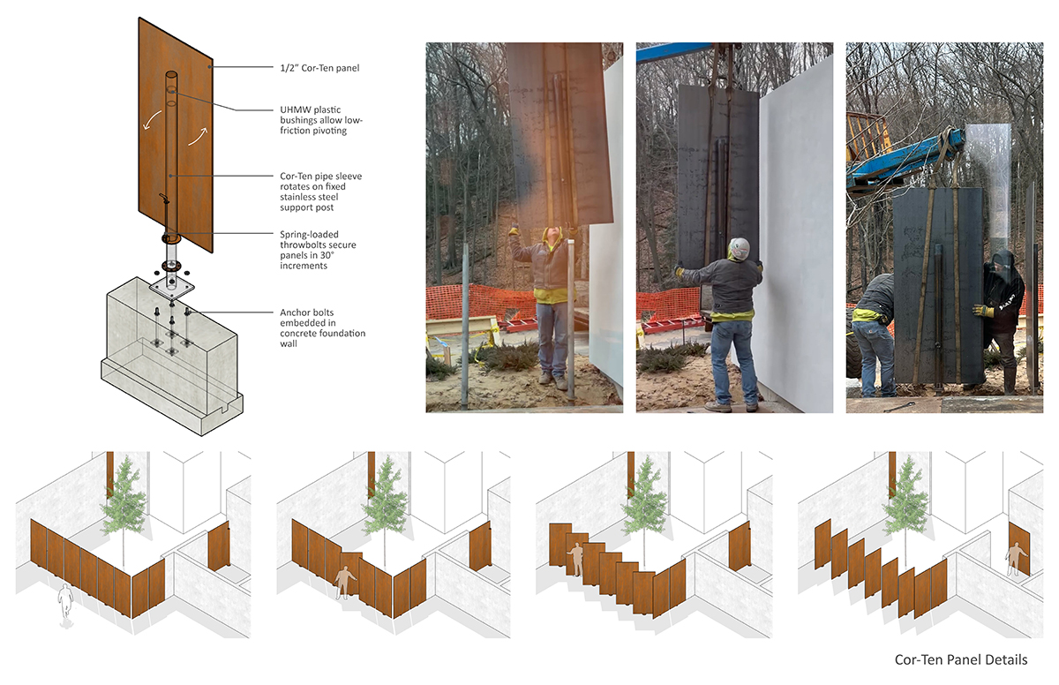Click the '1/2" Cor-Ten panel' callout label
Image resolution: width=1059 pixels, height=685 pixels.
(319, 68)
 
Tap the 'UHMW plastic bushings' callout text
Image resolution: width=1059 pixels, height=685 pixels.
(321, 120)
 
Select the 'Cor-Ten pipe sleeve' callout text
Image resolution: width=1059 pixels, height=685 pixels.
(321, 192)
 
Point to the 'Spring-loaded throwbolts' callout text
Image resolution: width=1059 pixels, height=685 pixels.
(318, 250)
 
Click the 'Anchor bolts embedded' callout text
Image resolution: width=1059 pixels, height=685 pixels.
(322, 327)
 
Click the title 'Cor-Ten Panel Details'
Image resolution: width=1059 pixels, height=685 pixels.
(961, 660)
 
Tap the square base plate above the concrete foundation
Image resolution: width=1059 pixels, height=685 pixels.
(171, 288)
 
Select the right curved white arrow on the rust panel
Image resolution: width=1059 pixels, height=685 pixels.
(198, 136)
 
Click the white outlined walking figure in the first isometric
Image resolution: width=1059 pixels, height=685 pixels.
(66, 605)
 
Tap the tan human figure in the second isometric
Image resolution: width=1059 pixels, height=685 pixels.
(343, 583)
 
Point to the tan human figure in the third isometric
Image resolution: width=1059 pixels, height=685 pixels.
(576, 560)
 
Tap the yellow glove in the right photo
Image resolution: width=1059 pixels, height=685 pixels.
(981, 311)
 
